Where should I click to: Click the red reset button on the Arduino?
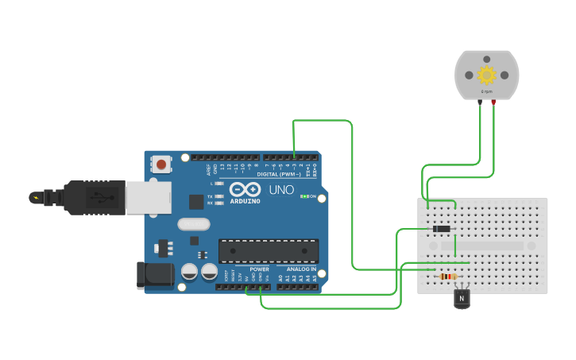[x=162, y=165]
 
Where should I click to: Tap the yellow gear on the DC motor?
[x=486, y=75]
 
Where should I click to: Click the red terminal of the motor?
[x=493, y=102]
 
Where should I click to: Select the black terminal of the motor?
[x=480, y=102]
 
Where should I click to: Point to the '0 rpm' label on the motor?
[x=486, y=91]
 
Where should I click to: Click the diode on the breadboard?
[x=441, y=229]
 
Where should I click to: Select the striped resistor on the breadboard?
[x=448, y=277]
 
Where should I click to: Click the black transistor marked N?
[x=462, y=298]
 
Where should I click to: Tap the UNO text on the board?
[x=281, y=190]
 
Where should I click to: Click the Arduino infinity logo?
[x=244, y=190]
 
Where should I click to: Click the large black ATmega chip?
[x=268, y=250]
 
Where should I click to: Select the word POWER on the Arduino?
[x=259, y=269]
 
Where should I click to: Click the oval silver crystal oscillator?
[x=193, y=225]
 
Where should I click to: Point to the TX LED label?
[x=210, y=195]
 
